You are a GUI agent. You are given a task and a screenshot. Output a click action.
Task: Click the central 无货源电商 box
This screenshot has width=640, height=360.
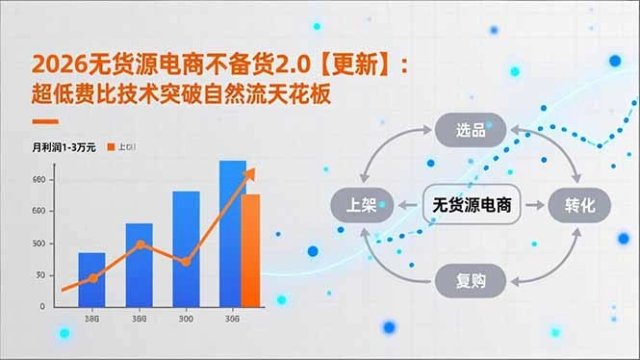[472, 205]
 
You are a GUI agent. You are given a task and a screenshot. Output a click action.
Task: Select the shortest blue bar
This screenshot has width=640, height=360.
[91, 279]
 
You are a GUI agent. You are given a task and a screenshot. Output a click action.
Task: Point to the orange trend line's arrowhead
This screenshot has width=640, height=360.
[252, 172]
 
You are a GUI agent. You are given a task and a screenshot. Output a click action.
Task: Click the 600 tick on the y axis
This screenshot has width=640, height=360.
[39, 211]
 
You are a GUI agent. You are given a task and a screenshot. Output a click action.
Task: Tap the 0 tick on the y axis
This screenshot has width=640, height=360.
[40, 306]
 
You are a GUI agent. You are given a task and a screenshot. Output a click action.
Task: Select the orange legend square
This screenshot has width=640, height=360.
[111, 146]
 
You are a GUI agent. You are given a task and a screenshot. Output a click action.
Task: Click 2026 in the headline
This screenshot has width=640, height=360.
[56, 65]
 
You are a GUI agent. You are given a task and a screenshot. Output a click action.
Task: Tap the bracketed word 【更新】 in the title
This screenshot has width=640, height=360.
[355, 65]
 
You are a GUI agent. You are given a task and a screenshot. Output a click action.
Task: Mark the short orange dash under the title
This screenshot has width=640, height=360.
[45, 122]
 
